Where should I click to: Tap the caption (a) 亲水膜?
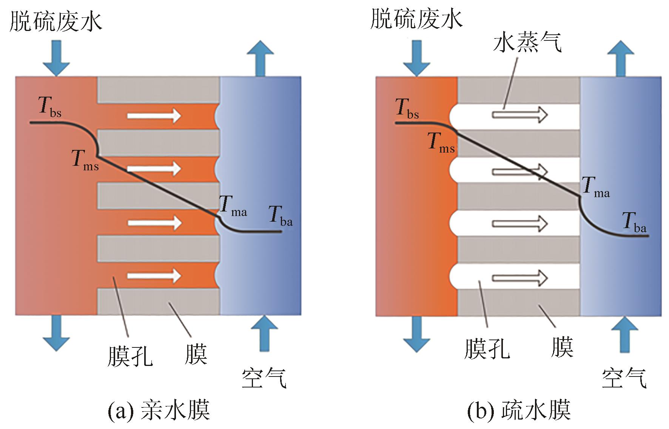tap(159, 411)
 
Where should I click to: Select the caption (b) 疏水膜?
tap(519, 411)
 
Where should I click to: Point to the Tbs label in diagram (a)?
tap(49, 107)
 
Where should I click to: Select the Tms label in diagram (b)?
tap(441, 143)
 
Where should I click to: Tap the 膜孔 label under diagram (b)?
tap(487, 348)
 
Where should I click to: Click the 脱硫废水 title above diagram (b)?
tap(416, 19)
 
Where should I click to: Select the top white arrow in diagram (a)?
tap(154, 115)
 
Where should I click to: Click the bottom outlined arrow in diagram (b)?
tap(519, 278)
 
